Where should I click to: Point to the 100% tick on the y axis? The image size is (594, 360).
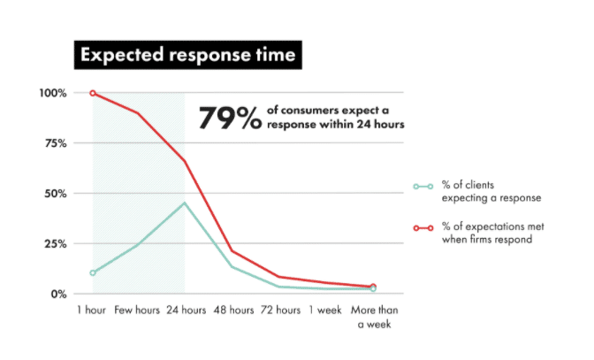[x=53, y=93]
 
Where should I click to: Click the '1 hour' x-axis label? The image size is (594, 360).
[x=92, y=312]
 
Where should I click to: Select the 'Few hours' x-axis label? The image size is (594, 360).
[x=137, y=312]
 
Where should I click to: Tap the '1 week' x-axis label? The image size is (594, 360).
[x=325, y=312]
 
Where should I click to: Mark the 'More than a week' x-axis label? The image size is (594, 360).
[x=372, y=318]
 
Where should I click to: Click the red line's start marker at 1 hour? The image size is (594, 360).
[x=93, y=93]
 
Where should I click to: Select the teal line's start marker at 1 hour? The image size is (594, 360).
[x=93, y=272]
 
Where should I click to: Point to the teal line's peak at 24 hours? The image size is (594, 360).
[x=184, y=203]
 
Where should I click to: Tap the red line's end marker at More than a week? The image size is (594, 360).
[x=373, y=287]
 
